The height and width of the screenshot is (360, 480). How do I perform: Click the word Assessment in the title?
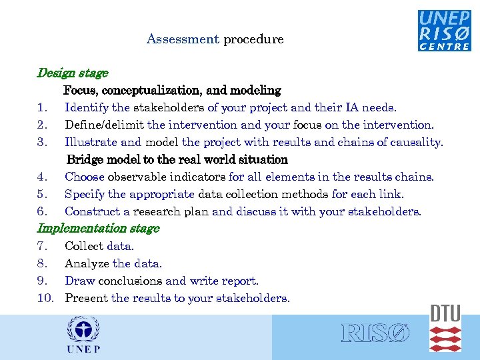[x=183, y=39]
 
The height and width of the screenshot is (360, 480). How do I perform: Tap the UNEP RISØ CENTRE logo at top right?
[x=444, y=30]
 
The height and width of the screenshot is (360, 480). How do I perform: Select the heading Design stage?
[x=72, y=73]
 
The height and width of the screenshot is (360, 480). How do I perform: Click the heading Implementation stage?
[x=98, y=229]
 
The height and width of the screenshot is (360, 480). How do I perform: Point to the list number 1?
[x=42, y=107]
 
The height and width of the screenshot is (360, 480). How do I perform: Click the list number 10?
[x=45, y=298]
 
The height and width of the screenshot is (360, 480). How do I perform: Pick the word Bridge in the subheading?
[x=85, y=160]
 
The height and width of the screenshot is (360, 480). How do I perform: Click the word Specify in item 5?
[x=85, y=194]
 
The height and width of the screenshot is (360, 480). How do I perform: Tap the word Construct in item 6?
[x=91, y=211]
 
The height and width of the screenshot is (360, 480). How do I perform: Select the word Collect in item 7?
[x=84, y=246]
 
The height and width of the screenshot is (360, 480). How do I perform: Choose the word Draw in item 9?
[x=79, y=281]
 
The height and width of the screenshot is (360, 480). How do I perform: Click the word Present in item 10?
[x=87, y=298]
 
